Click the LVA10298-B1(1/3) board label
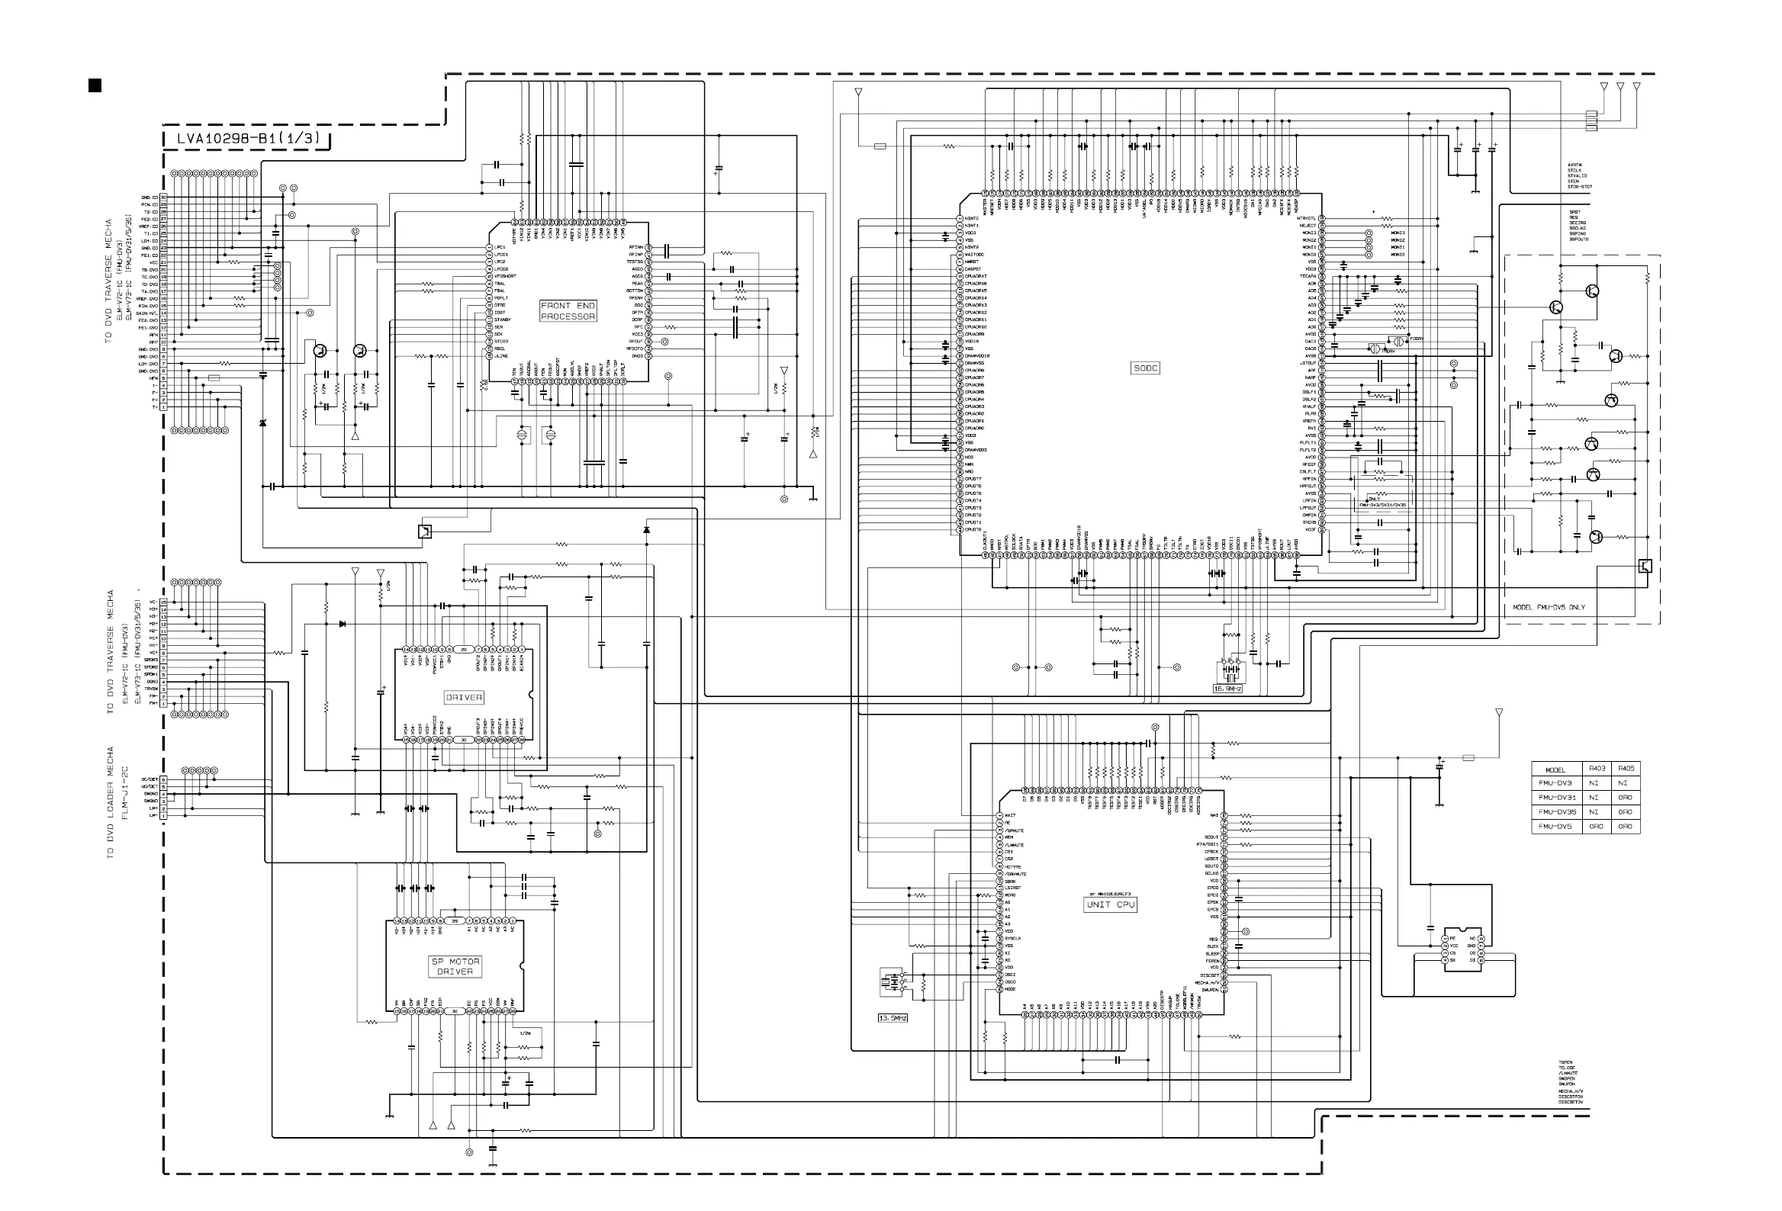coord(248,139)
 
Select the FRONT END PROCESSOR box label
coord(568,310)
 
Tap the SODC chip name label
coord(1146,368)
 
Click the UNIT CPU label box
coord(1110,904)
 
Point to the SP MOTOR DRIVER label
coord(455,965)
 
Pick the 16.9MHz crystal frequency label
coord(1227,689)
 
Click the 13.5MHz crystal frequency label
coord(893,1018)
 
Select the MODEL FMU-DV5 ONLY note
coord(1549,607)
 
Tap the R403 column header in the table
coord(1597,768)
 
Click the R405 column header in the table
coord(1625,768)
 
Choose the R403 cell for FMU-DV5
coord(1597,826)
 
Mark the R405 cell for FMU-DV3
coord(1625,782)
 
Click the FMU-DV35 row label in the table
coord(1556,811)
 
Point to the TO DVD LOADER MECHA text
coord(111,802)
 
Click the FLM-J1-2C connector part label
coord(125,793)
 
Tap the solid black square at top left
coord(95,85)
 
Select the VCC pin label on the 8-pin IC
coord(1453,946)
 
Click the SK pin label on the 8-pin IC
coord(1452,960)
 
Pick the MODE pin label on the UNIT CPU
coord(1011,990)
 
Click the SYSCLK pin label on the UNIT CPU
coord(1013,939)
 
